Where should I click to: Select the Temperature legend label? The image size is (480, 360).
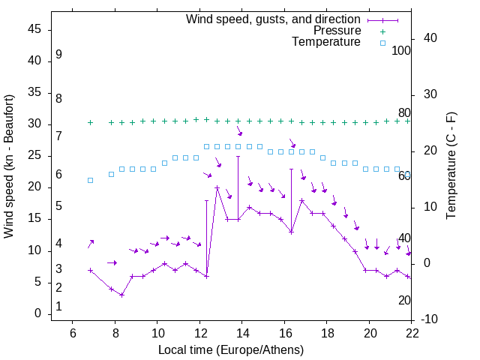pos(326,42)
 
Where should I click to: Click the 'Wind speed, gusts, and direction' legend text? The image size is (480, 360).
pos(273,19)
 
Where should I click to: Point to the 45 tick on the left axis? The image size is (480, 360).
pos(34,29)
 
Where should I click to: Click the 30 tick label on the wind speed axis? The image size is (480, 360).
pos(34,124)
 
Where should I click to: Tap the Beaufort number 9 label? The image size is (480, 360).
pos(58,55)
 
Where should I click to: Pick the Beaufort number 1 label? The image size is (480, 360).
pos(58,307)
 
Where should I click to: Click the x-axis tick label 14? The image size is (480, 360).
pos(242,334)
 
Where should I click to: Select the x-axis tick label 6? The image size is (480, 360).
pos(72,334)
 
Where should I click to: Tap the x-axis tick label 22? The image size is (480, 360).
pos(412,334)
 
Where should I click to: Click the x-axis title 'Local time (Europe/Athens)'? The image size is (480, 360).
pos(231,349)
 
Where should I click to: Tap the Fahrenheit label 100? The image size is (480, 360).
pos(402,51)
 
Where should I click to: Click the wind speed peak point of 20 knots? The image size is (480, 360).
pos(217,187)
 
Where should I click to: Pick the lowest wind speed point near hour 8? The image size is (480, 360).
pos(121,295)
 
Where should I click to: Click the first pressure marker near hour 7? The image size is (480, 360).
pos(90,122)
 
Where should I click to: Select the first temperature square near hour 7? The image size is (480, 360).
pos(90,180)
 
